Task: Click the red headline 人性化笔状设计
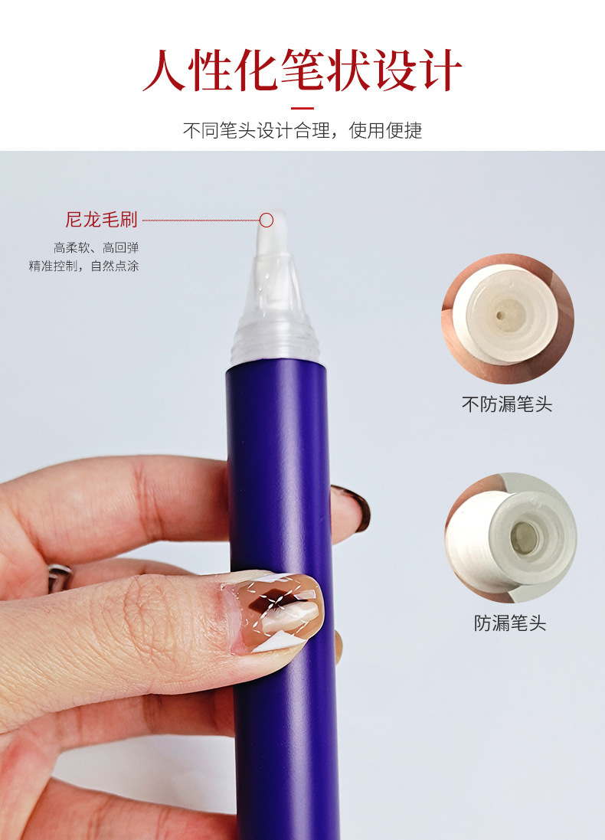pyautogui.click(x=302, y=70)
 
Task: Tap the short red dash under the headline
pyautogui.click(x=302, y=108)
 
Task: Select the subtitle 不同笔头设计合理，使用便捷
pyautogui.click(x=302, y=130)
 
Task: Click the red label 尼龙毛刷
pyautogui.click(x=101, y=220)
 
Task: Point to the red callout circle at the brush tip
pyautogui.click(x=267, y=221)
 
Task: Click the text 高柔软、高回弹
pyautogui.click(x=96, y=247)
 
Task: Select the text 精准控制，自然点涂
pyautogui.click(x=83, y=266)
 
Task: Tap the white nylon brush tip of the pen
pyautogui.click(x=272, y=233)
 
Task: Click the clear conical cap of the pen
pyautogui.click(x=274, y=311)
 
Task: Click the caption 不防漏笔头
pyautogui.click(x=507, y=404)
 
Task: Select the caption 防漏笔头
pyautogui.click(x=510, y=623)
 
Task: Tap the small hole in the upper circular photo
pyautogui.click(x=502, y=315)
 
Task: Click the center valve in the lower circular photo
pyautogui.click(x=524, y=538)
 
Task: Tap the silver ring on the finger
pyautogui.click(x=59, y=577)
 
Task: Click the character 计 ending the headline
pyautogui.click(x=441, y=70)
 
